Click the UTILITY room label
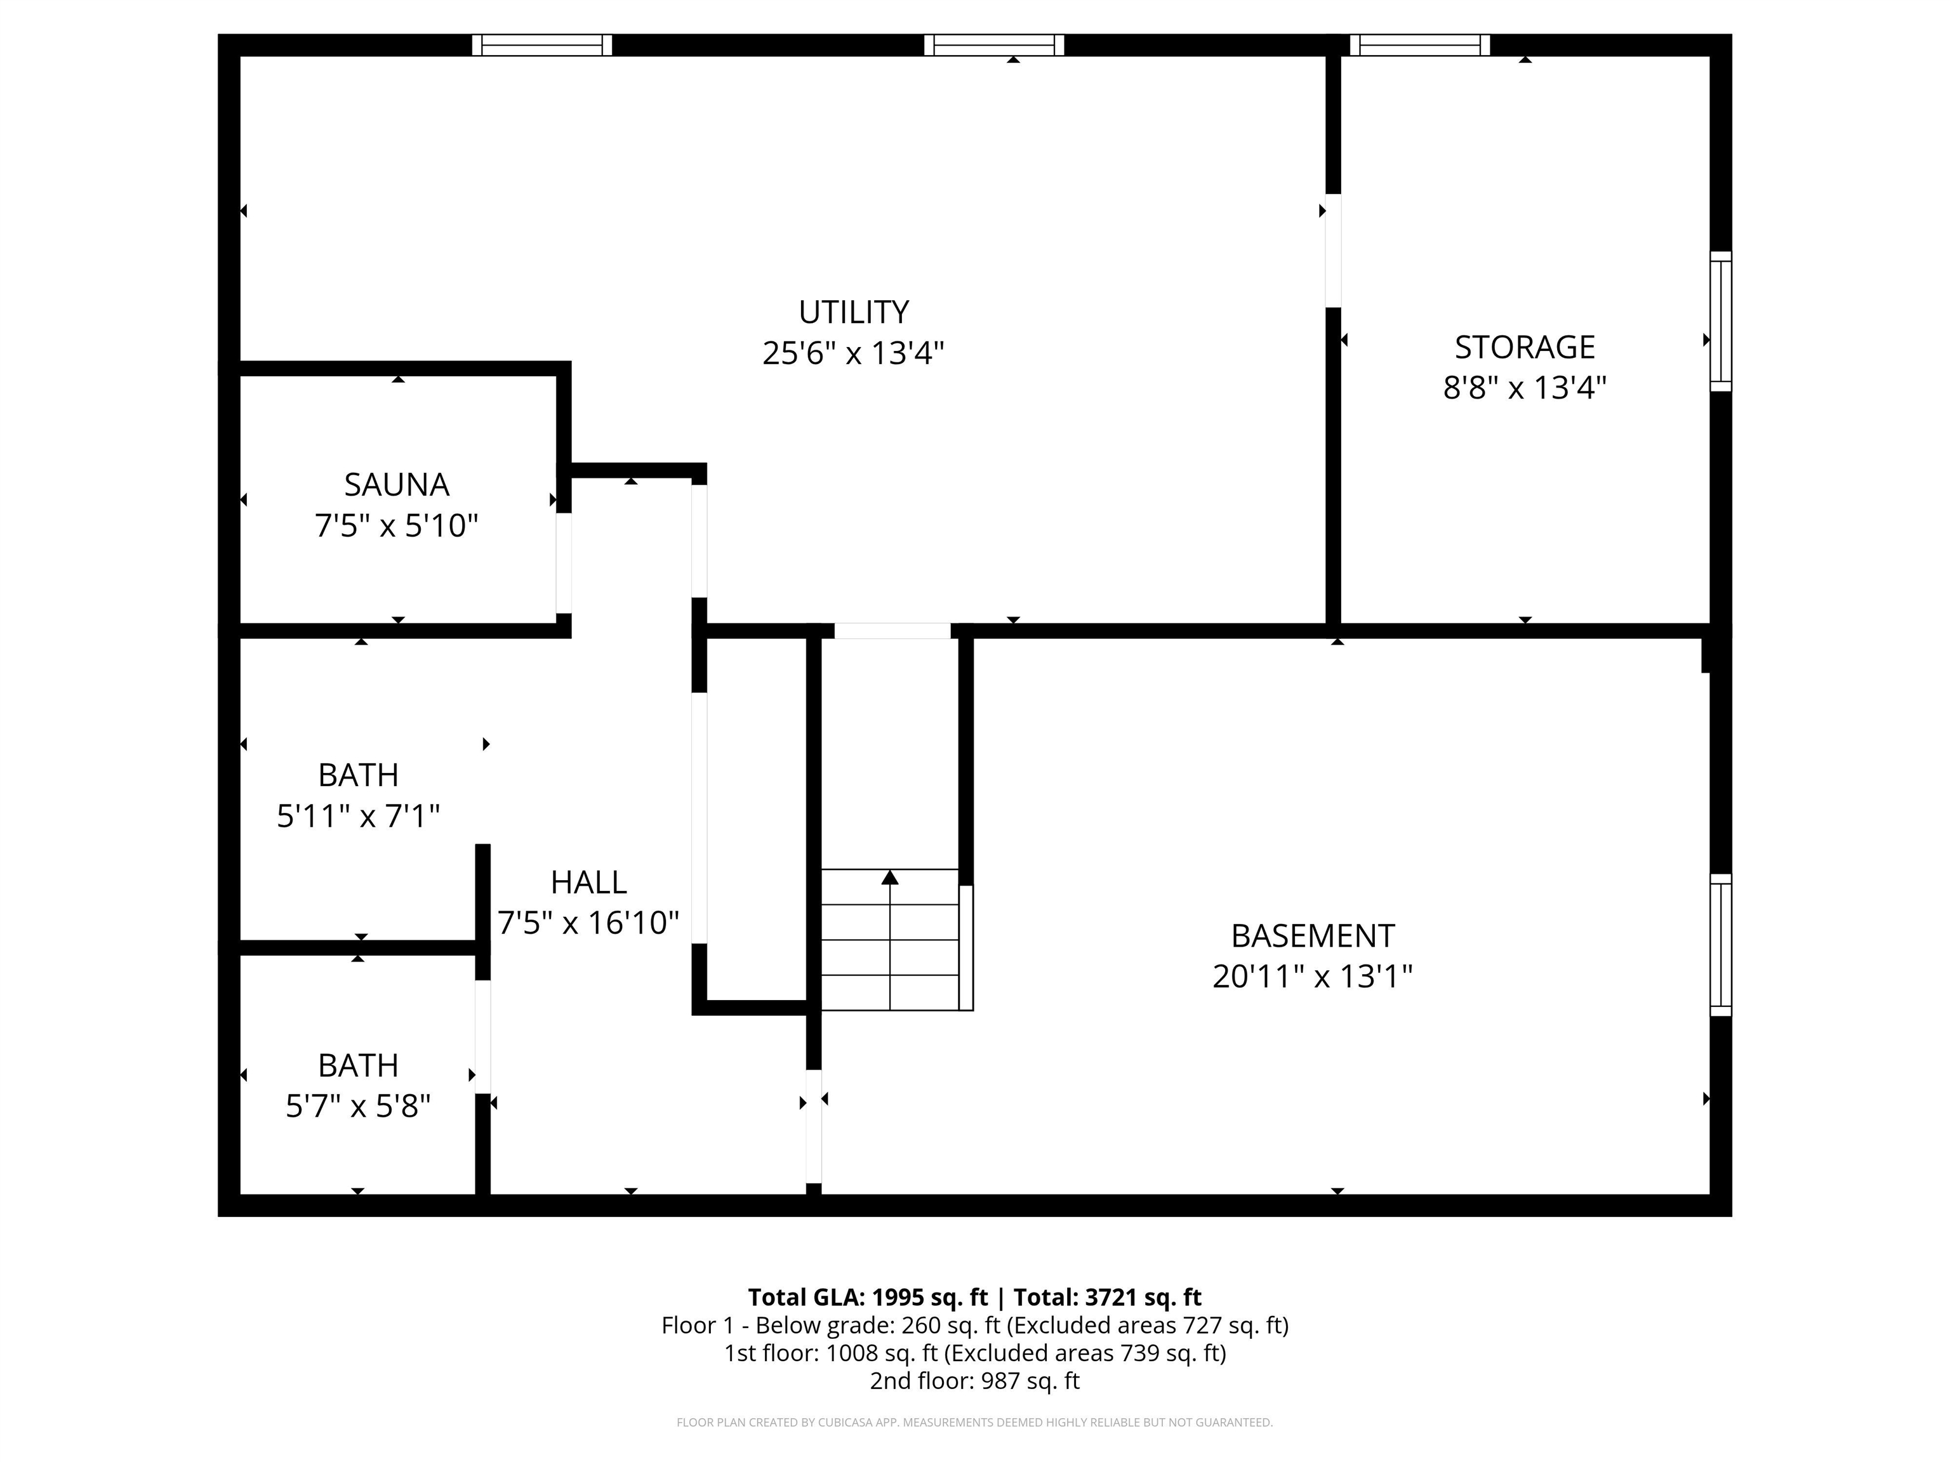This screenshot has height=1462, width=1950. [x=853, y=313]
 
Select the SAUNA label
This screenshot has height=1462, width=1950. [x=397, y=485]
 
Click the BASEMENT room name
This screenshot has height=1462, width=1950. [x=1313, y=935]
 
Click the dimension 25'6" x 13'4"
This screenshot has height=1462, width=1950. [x=853, y=353]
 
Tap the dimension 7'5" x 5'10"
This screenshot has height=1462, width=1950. [x=397, y=526]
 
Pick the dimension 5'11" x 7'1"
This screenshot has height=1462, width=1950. [x=358, y=816]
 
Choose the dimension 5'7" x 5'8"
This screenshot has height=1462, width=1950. [x=358, y=1106]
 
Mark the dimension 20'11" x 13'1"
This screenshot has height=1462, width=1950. [x=1313, y=977]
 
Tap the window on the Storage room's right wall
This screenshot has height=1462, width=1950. [x=1721, y=322]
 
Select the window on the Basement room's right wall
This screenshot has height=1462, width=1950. [x=1721, y=945]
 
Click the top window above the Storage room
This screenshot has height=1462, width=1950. [x=1420, y=45]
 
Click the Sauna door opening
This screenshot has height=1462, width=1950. [x=564, y=563]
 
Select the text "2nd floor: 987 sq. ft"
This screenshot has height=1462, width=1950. [x=975, y=1380]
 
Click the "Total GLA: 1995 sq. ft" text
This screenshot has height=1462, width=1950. [x=868, y=1297]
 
